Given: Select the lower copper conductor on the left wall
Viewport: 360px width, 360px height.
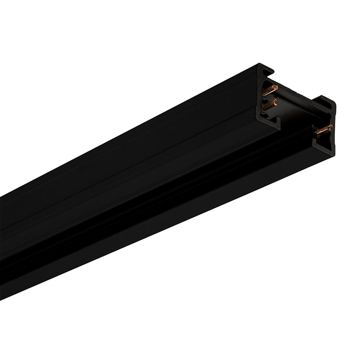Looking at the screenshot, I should point(269,104).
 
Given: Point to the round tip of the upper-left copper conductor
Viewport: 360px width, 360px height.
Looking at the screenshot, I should point(275,85).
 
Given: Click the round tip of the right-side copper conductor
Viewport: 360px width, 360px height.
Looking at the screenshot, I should point(331,126).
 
